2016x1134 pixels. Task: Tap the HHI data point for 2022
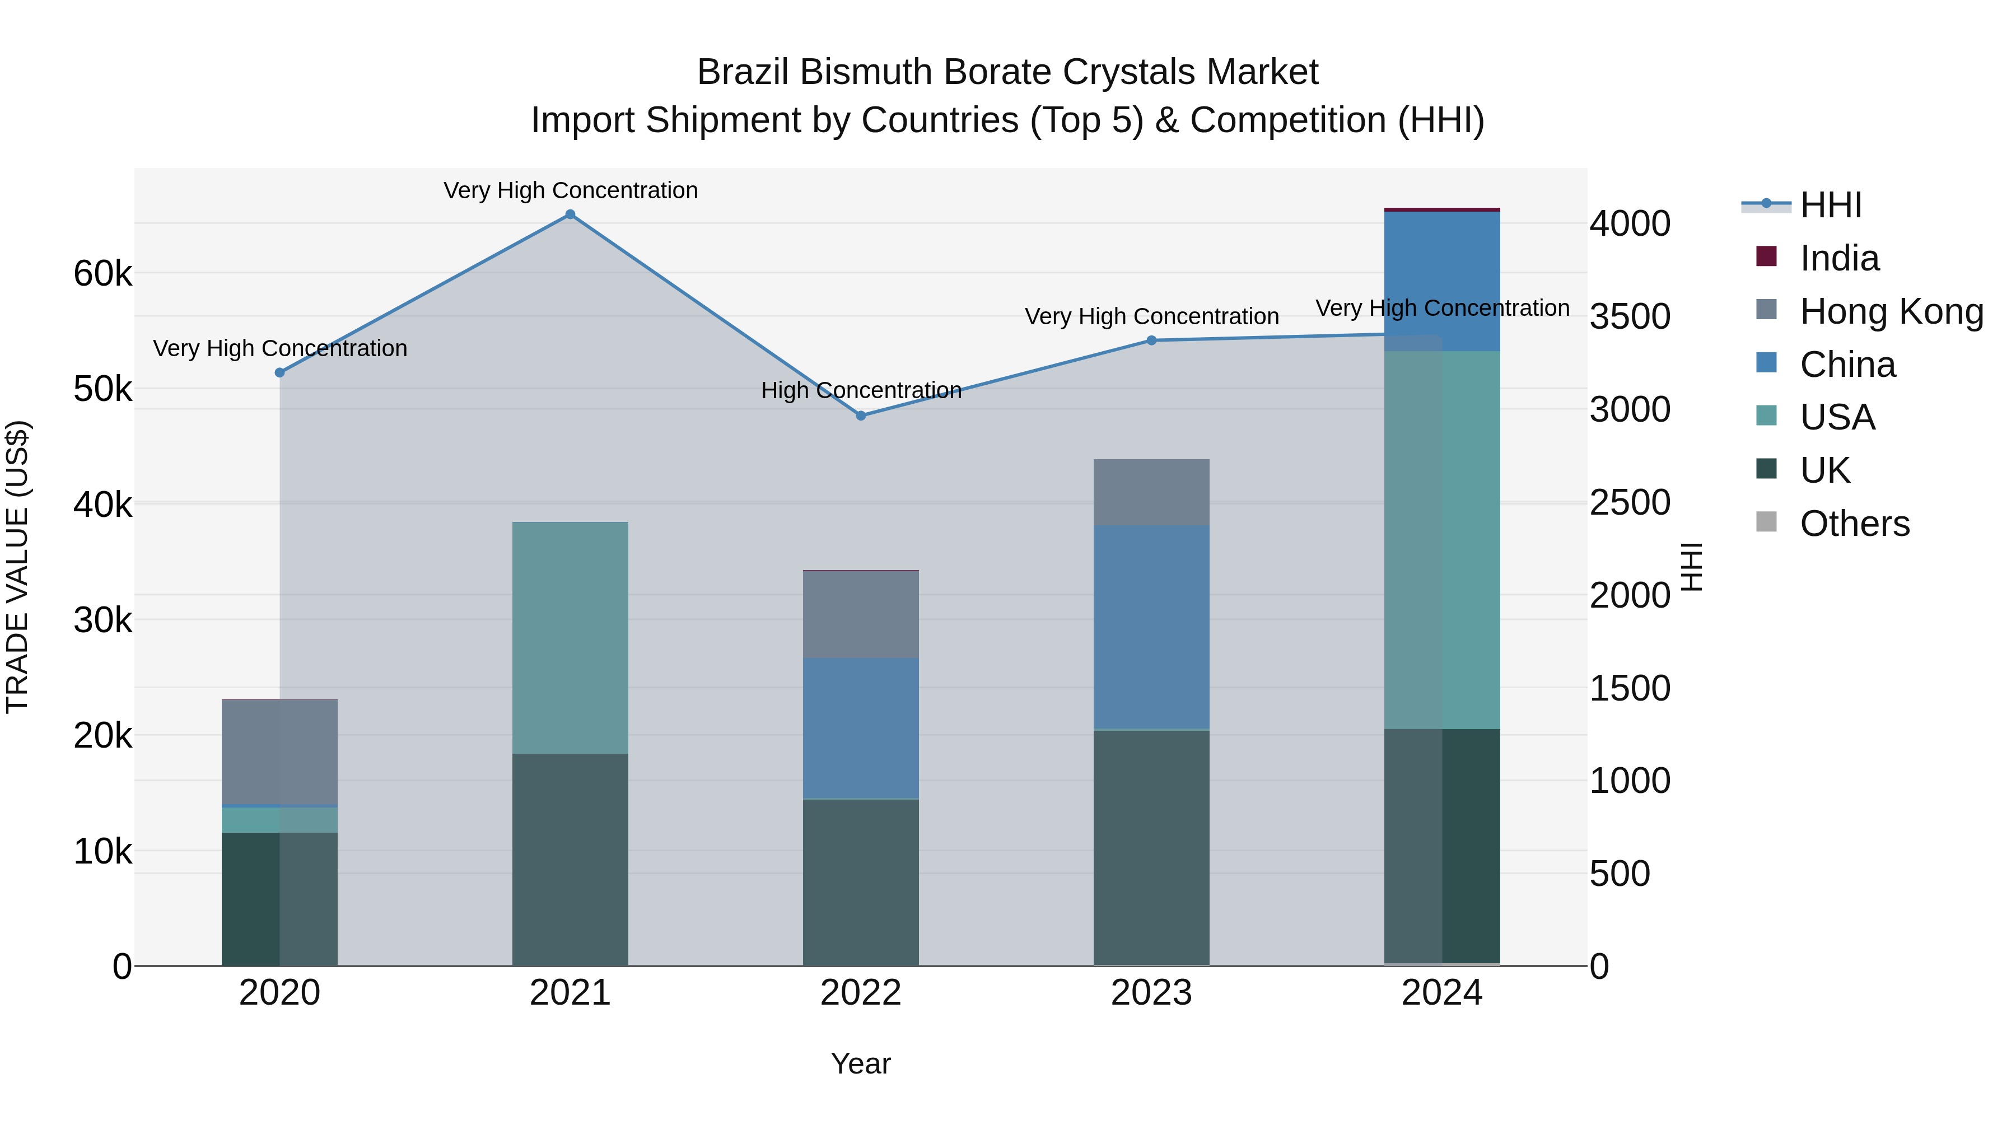coord(861,416)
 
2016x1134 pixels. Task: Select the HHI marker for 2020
coord(279,372)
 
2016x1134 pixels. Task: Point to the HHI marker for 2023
coord(1151,340)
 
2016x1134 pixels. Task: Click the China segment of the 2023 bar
coord(1151,626)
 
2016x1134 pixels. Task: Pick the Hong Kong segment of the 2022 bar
coord(861,614)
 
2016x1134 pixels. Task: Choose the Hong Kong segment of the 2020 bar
coord(279,752)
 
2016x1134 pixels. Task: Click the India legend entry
coord(1838,258)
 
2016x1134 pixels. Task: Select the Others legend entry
coord(1854,524)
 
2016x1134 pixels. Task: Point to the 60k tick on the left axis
coord(102,274)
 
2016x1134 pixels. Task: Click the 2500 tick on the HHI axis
coord(1630,502)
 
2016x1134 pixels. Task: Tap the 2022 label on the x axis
coord(861,993)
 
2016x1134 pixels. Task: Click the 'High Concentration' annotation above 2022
coord(861,390)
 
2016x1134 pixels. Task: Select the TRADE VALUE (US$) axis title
coord(17,567)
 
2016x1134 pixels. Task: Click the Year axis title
coord(861,1063)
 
